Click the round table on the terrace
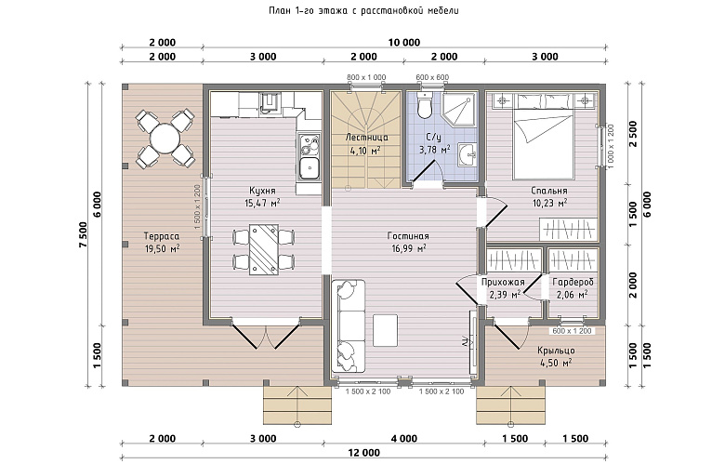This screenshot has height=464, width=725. [x=165, y=138]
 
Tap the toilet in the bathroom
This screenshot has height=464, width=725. [x=424, y=105]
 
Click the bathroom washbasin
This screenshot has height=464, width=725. [x=468, y=154]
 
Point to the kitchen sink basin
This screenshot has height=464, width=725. [x=309, y=168]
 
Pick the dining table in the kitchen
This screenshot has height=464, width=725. [x=264, y=250]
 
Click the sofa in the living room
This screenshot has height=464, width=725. [x=349, y=325]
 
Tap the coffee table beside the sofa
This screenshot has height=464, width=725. [x=385, y=327]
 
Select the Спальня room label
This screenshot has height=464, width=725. [x=548, y=191]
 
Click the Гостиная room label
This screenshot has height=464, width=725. [x=408, y=236]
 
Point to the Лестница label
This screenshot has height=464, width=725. [x=366, y=138]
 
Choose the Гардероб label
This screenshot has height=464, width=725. [x=573, y=282]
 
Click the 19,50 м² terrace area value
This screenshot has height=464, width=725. [x=163, y=248]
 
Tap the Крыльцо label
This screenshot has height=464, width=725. [x=556, y=351]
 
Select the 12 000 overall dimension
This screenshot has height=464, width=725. [x=363, y=453]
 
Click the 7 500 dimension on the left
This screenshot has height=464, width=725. [x=84, y=235]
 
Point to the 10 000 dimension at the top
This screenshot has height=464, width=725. [x=404, y=43]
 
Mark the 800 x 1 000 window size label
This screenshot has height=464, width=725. [x=366, y=77]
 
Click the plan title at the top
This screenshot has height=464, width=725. [x=363, y=10]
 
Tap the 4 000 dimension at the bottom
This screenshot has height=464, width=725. [x=404, y=439]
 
